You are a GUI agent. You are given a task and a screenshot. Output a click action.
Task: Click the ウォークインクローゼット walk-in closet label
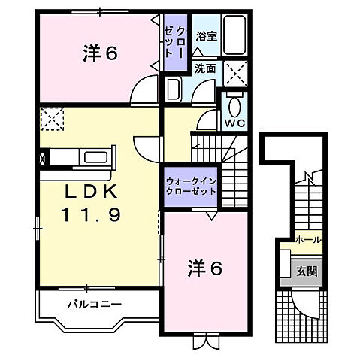(x=191, y=186)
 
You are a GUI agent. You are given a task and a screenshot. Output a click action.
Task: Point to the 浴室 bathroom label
(x=205, y=35)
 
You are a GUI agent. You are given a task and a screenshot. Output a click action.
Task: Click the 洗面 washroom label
(x=205, y=68)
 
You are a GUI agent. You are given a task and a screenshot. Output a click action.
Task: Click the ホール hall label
(x=308, y=240)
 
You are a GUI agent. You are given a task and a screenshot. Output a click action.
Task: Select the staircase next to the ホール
(x=308, y=203)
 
